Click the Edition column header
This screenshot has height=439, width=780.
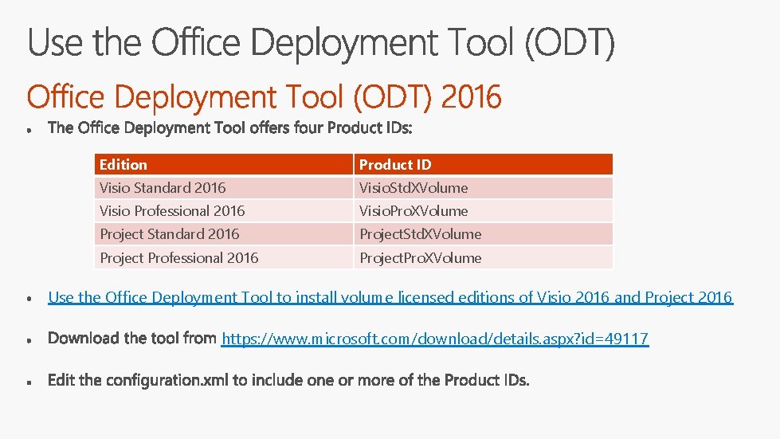click(x=123, y=165)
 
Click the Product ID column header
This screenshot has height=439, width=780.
click(x=395, y=165)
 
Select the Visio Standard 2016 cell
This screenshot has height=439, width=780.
click(x=163, y=188)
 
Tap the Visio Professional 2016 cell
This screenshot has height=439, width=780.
click(x=172, y=211)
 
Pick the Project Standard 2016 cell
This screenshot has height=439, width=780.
click(x=169, y=234)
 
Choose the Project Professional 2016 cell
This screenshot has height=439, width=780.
click(x=179, y=258)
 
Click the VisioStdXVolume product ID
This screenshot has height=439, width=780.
click(x=414, y=188)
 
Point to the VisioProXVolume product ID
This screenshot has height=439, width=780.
click(x=414, y=211)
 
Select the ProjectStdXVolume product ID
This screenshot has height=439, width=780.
click(x=420, y=234)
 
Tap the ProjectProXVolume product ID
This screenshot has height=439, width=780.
click(x=420, y=258)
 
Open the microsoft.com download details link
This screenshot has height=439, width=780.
click(x=435, y=339)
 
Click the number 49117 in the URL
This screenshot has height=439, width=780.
click(x=627, y=339)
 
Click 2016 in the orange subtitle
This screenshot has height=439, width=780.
click(x=471, y=98)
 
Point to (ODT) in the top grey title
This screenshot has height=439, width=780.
click(x=569, y=44)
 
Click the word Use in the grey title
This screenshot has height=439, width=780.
click(x=57, y=44)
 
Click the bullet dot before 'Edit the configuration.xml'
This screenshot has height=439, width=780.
click(x=29, y=382)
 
